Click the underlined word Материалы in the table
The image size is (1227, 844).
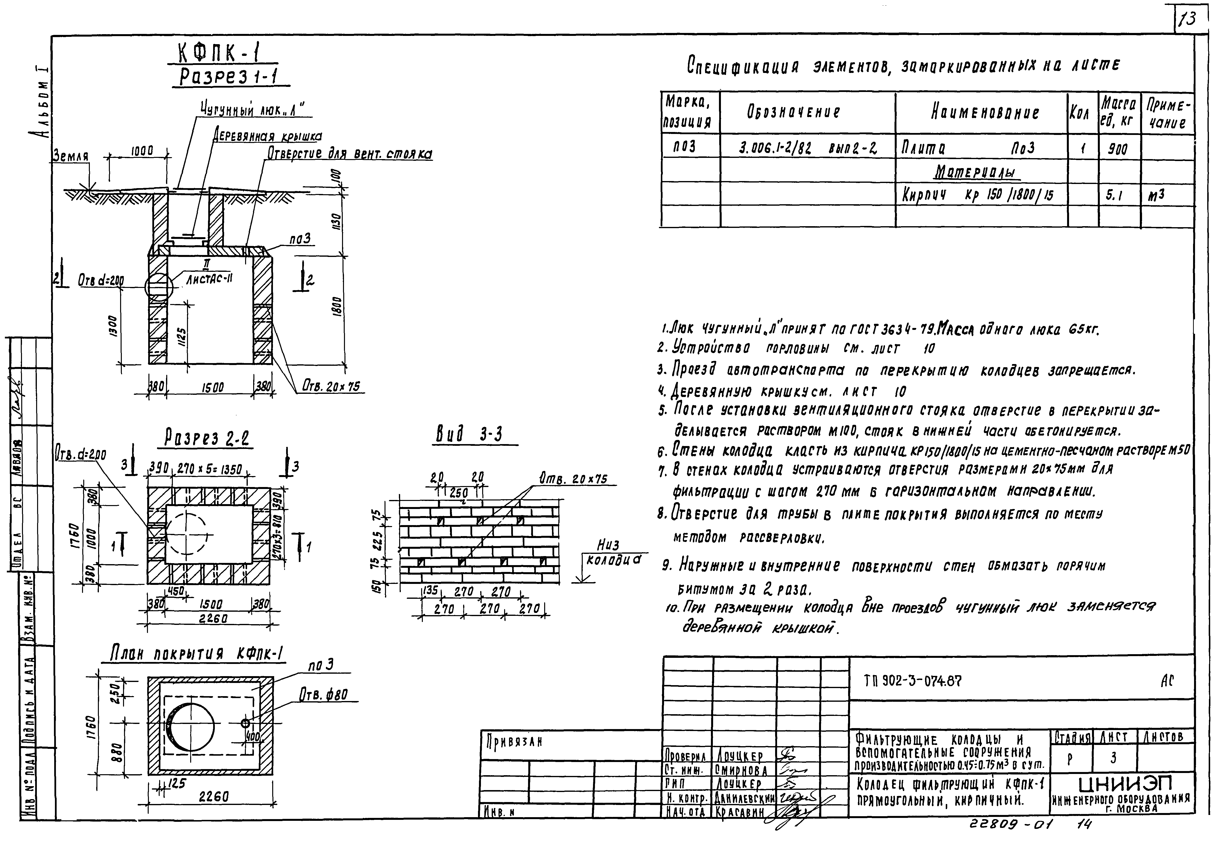click(x=976, y=173)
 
